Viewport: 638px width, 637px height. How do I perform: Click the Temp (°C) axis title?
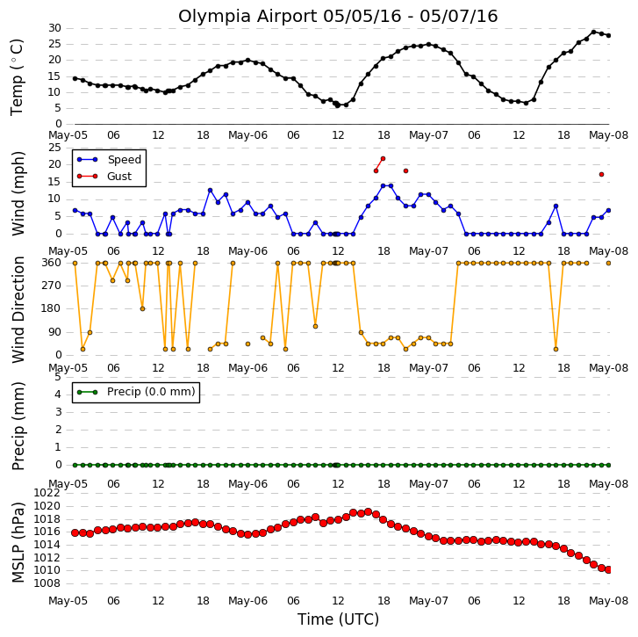click(x=17, y=77)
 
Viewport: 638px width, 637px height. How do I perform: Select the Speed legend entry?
click(x=109, y=160)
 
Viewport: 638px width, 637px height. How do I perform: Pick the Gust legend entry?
click(x=104, y=177)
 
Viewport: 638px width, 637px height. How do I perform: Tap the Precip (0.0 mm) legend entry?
click(x=136, y=392)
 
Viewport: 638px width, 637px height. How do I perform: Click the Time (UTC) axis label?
click(x=338, y=619)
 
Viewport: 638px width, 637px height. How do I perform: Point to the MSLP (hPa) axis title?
click(x=18, y=542)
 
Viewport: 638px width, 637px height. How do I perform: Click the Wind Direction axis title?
click(x=18, y=309)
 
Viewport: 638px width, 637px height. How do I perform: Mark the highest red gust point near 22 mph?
click(x=383, y=158)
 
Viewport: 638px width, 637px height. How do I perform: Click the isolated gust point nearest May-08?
click(x=601, y=174)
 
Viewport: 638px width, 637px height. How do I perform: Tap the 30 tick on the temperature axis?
click(x=54, y=28)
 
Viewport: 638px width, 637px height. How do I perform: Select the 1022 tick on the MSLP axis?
click(x=47, y=493)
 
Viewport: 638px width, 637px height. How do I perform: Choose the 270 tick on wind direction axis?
click(x=51, y=286)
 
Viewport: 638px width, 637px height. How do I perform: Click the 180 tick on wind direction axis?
click(x=51, y=308)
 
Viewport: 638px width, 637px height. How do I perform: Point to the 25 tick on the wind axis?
click(x=54, y=148)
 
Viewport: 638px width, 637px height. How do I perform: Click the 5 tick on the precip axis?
click(x=57, y=377)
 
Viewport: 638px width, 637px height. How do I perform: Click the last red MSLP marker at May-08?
click(x=609, y=570)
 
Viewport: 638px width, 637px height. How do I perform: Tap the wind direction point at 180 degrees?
click(x=142, y=308)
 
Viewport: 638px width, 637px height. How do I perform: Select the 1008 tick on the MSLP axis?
click(x=47, y=583)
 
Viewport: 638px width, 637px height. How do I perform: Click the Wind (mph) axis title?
click(x=18, y=193)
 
